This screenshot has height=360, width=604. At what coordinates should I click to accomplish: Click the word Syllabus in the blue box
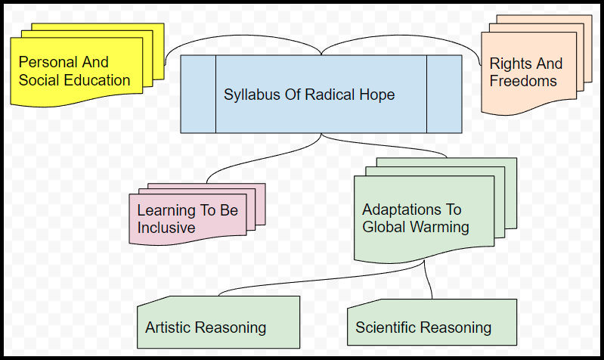click(250, 95)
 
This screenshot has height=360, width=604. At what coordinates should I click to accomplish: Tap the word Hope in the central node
click(376, 95)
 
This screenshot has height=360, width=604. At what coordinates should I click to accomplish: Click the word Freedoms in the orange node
click(523, 81)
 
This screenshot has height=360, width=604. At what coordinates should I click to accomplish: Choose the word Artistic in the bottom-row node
click(168, 327)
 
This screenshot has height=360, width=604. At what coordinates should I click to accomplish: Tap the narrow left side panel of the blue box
click(198, 95)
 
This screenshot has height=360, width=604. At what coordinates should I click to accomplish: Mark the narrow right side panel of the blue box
click(444, 95)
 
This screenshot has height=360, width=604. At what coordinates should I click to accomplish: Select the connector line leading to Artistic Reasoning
click(302, 284)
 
